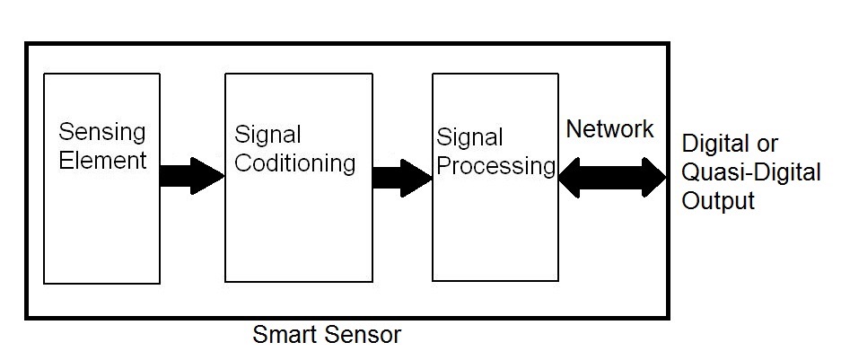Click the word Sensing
102,133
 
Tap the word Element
102,161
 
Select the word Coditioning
295,164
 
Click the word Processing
496,166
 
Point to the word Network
609,129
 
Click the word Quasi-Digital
751,172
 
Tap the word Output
718,201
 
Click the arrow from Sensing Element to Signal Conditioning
192,176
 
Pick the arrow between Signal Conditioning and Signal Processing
402,178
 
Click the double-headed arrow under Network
612,178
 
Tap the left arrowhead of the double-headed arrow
570,178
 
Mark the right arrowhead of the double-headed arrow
654,178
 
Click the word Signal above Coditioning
267,136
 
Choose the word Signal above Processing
469,137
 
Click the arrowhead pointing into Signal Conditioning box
208,176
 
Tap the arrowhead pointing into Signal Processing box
416,178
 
